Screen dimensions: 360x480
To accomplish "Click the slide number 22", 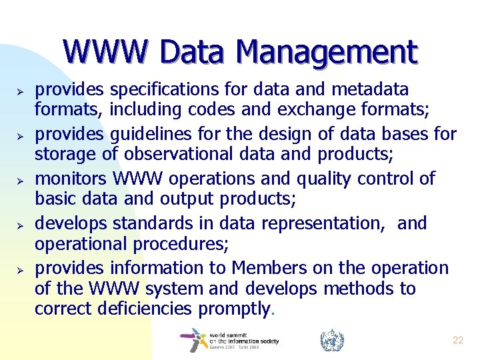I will tap(457, 340).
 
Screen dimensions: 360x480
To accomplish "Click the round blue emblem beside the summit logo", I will tap(331, 341).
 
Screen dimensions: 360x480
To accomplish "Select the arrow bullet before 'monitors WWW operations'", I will tap(21, 180).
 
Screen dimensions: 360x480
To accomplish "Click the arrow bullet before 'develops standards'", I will tap(21, 225).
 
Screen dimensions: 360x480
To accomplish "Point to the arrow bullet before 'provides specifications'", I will tap(21, 91).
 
